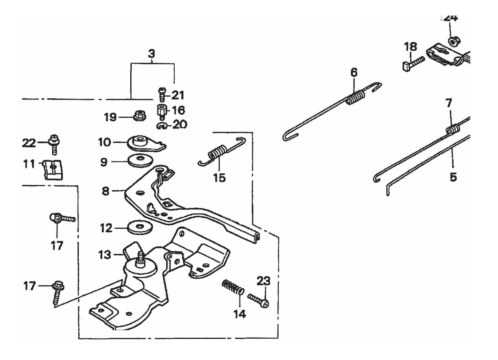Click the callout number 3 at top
pyautogui.click(x=151, y=54)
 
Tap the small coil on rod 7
pyautogui.click(x=453, y=130)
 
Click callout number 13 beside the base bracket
pyautogui.click(x=104, y=255)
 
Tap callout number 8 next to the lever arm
pyautogui.click(x=106, y=191)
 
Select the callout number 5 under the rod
pyautogui.click(x=453, y=177)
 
